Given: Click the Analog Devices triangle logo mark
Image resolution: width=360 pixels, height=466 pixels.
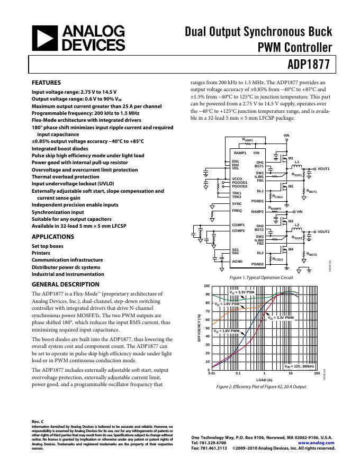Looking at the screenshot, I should [x=46, y=38].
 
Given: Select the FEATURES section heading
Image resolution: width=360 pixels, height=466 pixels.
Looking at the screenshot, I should [x=46, y=83].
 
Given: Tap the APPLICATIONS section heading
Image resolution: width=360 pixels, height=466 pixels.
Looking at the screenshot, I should [x=52, y=237].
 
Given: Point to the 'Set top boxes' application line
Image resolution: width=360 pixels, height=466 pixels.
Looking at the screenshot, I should [x=47, y=246].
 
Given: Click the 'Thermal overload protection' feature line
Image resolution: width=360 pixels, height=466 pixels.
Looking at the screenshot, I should [x=65, y=177].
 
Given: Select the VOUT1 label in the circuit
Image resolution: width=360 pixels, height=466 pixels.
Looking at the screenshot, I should [x=323, y=168].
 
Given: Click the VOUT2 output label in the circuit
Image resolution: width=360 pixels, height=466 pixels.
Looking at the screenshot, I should [x=323, y=232].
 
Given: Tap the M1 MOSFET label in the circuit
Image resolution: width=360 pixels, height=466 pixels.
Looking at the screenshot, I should [x=290, y=158].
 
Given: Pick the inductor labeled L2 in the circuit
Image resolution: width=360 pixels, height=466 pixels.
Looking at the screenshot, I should [x=296, y=225].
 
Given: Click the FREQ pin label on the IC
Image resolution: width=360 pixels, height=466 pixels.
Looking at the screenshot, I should [x=237, y=211].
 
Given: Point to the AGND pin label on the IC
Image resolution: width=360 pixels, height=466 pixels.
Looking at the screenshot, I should [x=237, y=261].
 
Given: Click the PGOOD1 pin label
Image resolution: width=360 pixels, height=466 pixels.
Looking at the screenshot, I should [x=240, y=183].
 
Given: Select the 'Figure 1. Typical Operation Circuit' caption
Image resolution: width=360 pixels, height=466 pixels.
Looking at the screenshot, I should [x=260, y=277].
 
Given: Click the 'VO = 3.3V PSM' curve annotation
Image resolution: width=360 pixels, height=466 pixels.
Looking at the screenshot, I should [x=242, y=292].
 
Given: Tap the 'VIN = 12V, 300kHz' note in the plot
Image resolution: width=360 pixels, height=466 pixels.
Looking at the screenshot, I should [x=299, y=366].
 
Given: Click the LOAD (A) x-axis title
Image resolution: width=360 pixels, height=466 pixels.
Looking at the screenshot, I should [x=264, y=380].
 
